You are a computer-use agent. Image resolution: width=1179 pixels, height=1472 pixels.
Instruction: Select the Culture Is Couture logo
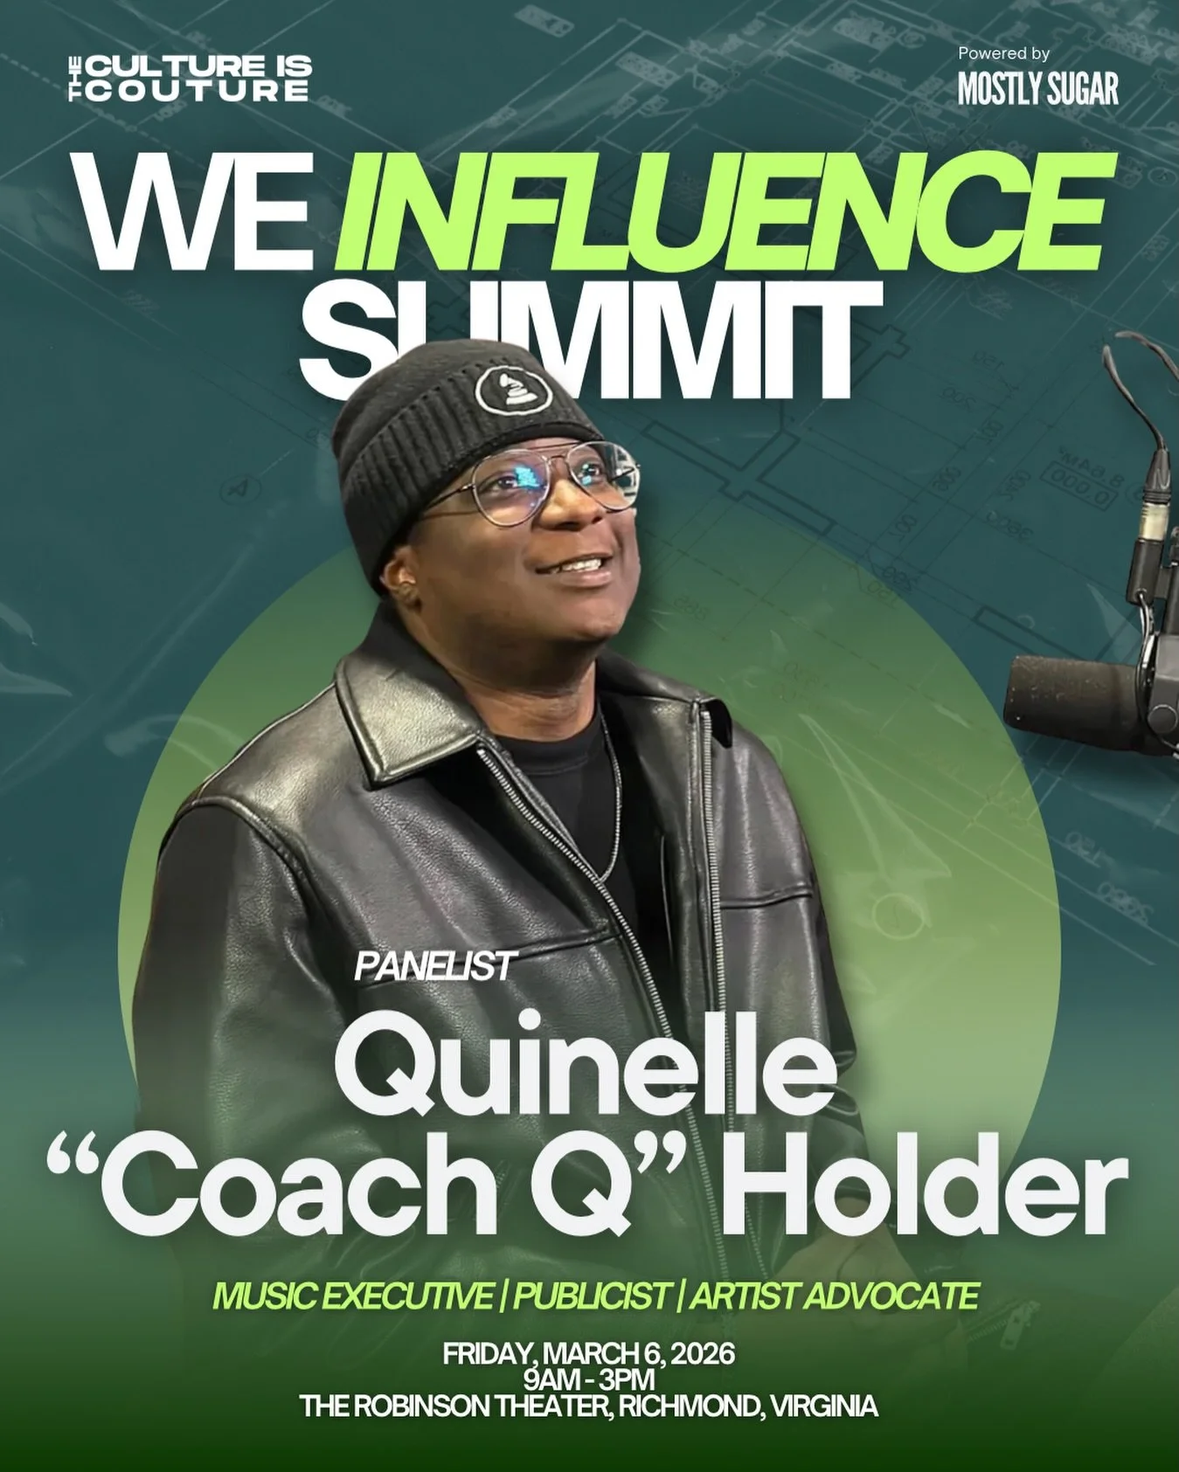point(191,79)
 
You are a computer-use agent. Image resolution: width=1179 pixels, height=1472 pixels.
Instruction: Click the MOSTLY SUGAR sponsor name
point(1037,88)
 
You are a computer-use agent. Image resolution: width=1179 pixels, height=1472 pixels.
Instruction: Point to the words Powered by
point(1003,53)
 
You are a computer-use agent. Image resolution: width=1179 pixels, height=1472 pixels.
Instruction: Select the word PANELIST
point(434,966)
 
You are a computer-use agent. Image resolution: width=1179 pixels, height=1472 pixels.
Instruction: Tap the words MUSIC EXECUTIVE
point(351,1296)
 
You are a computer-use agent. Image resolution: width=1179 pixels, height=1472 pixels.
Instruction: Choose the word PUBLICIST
point(592,1296)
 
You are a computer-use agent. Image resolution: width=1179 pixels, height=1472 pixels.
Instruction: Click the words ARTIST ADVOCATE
point(834,1296)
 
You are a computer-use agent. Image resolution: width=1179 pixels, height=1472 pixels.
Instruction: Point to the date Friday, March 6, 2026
point(588,1355)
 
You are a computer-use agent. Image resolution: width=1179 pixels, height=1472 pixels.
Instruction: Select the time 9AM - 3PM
point(588,1380)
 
